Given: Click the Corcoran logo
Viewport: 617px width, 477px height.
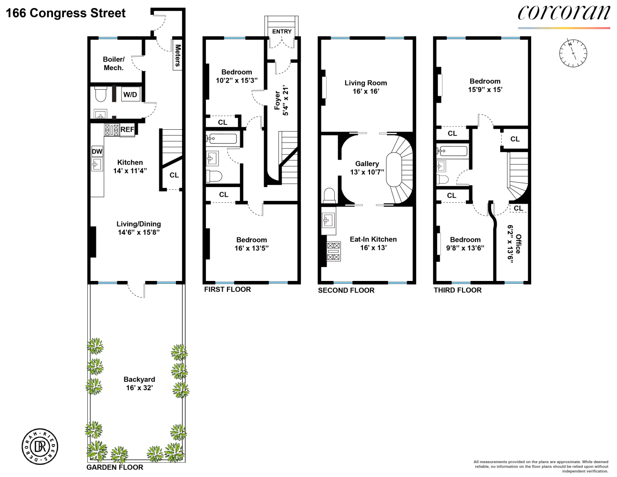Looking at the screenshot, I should click(564, 13).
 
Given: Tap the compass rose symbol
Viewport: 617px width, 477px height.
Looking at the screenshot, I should click(573, 52).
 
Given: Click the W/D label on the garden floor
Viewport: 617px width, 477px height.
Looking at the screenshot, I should click(130, 94).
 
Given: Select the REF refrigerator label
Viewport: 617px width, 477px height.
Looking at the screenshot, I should click(127, 129).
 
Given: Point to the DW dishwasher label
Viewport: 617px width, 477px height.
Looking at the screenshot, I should click(97, 152).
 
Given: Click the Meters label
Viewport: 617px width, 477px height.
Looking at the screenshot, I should click(177, 55).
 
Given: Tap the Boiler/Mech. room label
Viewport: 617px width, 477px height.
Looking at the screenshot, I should click(113, 63).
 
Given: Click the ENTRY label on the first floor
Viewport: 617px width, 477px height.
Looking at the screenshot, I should click(282, 31).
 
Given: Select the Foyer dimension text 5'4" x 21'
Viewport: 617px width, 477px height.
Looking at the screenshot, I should click(286, 101).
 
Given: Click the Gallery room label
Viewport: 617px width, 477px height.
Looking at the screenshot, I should click(367, 164).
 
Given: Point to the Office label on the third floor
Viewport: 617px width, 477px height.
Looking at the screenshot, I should click(518, 244).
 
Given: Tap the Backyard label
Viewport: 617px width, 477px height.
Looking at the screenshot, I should click(139, 379).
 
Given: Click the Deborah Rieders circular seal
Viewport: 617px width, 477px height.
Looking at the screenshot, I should click(40, 446).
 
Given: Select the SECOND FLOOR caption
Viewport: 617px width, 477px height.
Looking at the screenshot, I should click(346, 290).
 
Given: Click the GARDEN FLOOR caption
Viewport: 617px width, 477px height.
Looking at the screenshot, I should click(115, 467).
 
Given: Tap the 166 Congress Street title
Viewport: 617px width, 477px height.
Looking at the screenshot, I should click(66, 13).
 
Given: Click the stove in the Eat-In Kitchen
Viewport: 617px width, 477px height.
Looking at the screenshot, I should click(333, 251).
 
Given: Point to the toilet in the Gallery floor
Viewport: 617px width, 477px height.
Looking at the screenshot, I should click(329, 196).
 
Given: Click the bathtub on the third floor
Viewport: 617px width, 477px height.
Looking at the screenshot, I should click(452, 151).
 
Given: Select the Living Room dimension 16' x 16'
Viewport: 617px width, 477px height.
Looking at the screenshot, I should click(366, 91).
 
